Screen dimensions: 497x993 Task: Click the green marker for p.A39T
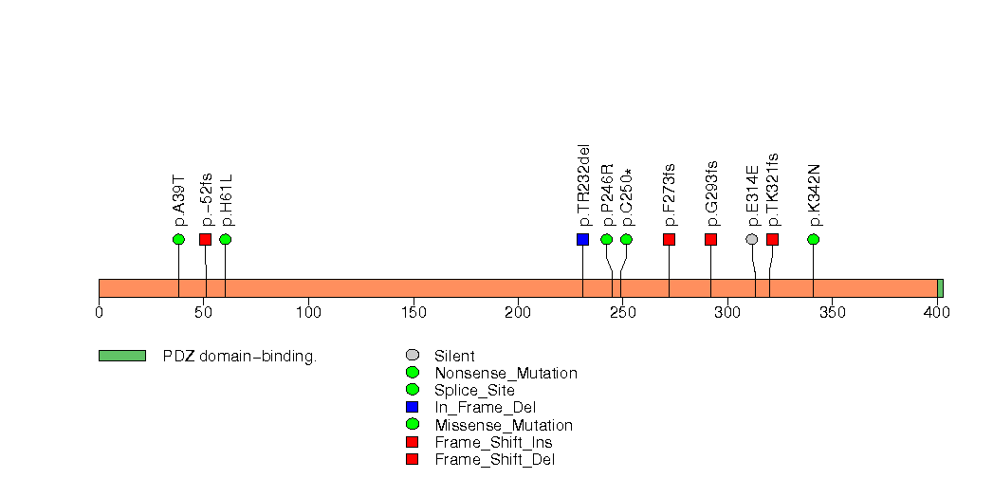pyautogui.click(x=178, y=239)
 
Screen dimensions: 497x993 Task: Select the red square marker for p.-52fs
pyautogui.click(x=205, y=239)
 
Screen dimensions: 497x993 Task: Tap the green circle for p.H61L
pyautogui.click(x=225, y=239)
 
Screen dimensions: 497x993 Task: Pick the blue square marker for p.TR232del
pyautogui.click(x=582, y=239)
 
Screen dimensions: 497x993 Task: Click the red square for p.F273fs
pyautogui.click(x=669, y=239)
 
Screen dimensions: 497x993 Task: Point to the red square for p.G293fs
pyautogui.click(x=710, y=239)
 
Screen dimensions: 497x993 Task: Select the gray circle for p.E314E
pyautogui.click(x=752, y=239)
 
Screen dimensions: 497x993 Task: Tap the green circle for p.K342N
pyautogui.click(x=813, y=239)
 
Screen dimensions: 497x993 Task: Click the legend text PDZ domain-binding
pyautogui.click(x=239, y=357)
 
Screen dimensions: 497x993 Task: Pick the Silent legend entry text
pyautogui.click(x=454, y=357)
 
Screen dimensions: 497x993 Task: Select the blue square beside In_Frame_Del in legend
pyautogui.click(x=413, y=408)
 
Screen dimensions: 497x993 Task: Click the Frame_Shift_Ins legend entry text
pyautogui.click(x=493, y=442)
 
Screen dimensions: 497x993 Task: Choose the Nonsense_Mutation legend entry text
pyautogui.click(x=506, y=374)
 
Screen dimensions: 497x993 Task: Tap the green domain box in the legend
pyautogui.click(x=121, y=356)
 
